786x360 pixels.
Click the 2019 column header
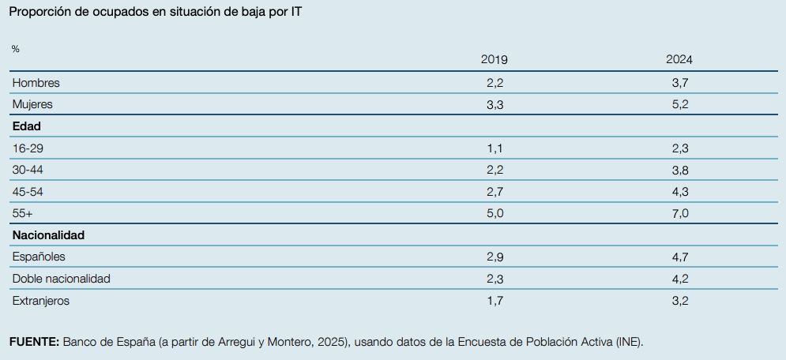click(494, 60)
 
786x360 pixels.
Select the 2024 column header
click(679, 60)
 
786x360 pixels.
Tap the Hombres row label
click(36, 82)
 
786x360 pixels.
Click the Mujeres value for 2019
click(494, 103)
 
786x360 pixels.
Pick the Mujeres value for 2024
click(679, 103)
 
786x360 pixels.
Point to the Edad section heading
click(27, 126)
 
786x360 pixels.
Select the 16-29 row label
click(29, 148)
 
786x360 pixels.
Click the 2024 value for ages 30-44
click(679, 169)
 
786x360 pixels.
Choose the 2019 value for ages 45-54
click(494, 191)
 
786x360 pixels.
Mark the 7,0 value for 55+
click(679, 213)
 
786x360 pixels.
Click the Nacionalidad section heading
click(48, 234)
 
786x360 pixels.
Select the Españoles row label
click(39, 257)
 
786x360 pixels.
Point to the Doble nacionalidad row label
click(62, 279)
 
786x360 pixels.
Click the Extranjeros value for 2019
click(494, 300)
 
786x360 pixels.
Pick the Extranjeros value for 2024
click(679, 300)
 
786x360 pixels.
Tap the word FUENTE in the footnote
click(34, 342)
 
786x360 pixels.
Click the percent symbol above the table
click(16, 49)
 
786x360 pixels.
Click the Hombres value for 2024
click(679, 82)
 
